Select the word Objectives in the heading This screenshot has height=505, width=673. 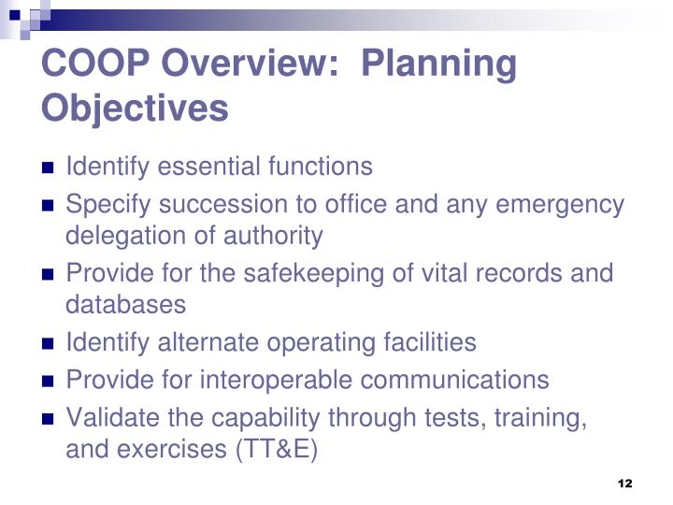pos(135,108)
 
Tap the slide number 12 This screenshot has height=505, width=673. pos(625,483)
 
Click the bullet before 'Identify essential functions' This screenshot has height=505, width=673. pos(49,169)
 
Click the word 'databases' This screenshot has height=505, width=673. pos(125,305)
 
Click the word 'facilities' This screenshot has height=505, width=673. pos(429,343)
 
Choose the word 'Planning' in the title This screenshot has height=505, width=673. pos(438,65)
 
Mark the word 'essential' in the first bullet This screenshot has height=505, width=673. pos(210,167)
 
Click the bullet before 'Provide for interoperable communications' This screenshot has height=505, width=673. pos(49,382)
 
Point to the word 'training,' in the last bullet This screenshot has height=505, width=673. pos(544,419)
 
